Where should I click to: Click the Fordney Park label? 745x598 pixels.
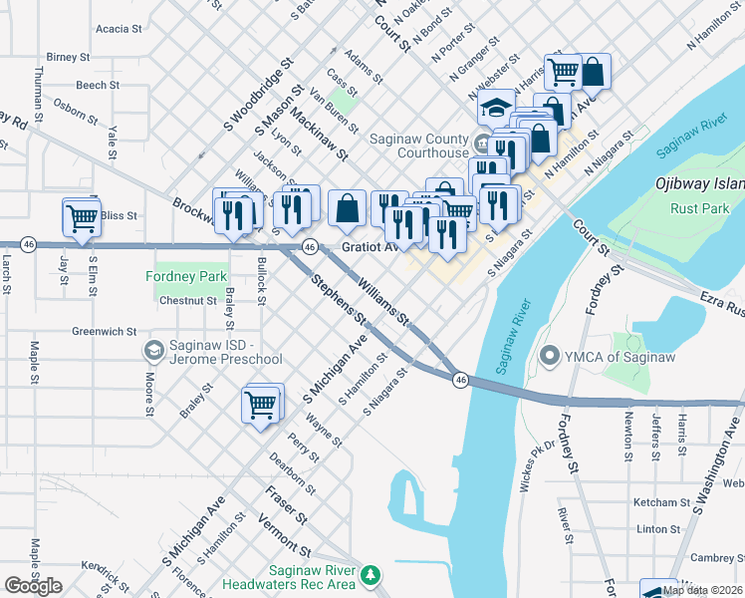pos(187,276)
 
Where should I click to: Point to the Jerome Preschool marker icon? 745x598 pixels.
pos(153,350)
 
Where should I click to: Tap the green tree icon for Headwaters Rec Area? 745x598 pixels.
pos(371,575)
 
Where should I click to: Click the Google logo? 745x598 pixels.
pos(33,586)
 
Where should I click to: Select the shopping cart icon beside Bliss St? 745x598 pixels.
pos(81,216)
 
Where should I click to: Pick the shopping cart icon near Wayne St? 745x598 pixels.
pos(260,404)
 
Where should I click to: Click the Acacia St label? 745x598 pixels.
pos(119,29)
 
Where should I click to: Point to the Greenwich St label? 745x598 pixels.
pos(104,331)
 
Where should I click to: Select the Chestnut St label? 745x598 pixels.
pos(188,299)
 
